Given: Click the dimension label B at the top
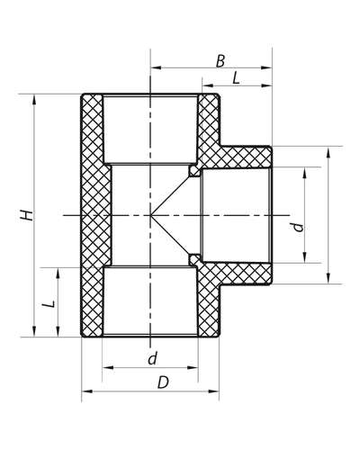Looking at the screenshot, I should [220, 60].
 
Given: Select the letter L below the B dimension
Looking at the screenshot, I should [236, 79].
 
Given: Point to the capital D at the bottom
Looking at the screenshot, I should [162, 382].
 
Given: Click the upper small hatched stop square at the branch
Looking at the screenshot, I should [193, 171].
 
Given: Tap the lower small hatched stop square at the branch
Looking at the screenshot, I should [193, 260].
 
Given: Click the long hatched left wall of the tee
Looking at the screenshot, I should [93, 216].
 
